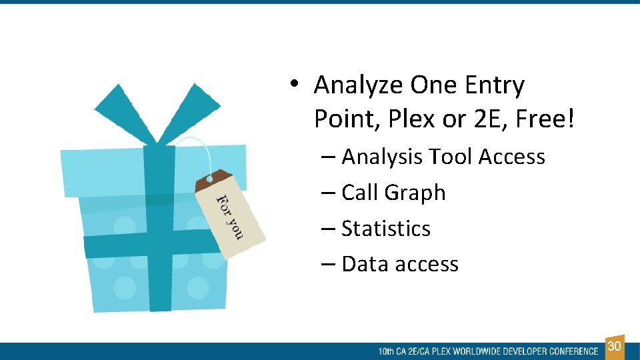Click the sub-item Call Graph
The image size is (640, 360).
tap(393, 193)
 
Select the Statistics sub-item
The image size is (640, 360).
tap(385, 229)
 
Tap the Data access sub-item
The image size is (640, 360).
tap(399, 265)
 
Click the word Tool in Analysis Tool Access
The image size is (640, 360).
tap(451, 157)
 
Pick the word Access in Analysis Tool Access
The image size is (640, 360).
tap(512, 157)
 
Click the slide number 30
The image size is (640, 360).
tap(615, 347)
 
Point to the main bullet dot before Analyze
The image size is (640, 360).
tap(292, 85)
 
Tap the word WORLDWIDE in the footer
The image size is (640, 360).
tap(478, 351)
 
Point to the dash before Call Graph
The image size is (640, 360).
tap(327, 193)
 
